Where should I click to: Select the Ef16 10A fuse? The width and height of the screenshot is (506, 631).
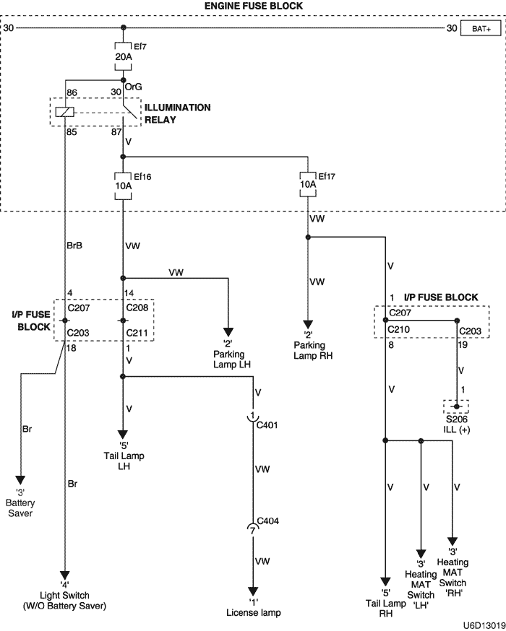[x=124, y=186]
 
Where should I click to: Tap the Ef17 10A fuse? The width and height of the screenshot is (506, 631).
[x=309, y=184]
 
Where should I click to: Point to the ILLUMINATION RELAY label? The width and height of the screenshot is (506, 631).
[x=177, y=113]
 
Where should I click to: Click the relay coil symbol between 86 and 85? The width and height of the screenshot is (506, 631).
[x=65, y=112]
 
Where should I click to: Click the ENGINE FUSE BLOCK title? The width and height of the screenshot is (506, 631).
[x=252, y=6]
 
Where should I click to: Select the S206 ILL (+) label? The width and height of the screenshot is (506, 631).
[x=456, y=425]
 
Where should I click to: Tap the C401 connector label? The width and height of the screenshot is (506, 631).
[x=267, y=426]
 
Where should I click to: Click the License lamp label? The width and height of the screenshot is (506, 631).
[x=252, y=612]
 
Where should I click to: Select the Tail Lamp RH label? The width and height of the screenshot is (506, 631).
[x=386, y=604]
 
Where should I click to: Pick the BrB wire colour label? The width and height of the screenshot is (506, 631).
[x=74, y=245]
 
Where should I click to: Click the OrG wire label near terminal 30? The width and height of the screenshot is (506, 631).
[x=134, y=86]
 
